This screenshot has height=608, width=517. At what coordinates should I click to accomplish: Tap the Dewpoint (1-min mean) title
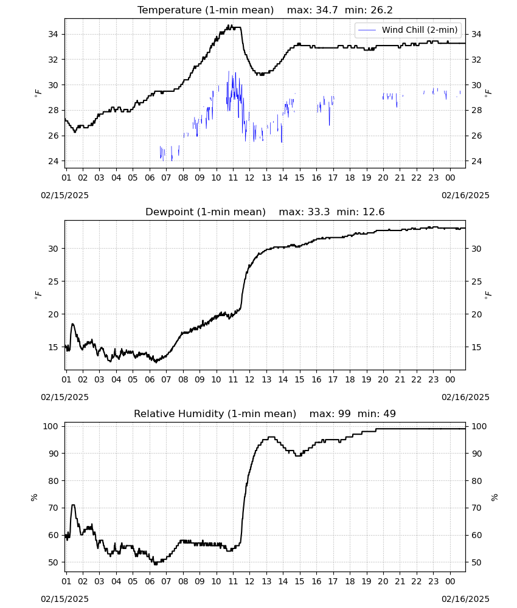point(206,212)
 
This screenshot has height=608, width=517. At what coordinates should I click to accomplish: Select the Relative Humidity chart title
point(215,413)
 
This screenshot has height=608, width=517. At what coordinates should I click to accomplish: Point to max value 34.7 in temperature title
point(327,10)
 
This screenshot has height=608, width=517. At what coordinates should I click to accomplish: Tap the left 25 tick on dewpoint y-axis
point(53,282)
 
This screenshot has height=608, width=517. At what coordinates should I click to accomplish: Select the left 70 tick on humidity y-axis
point(53,508)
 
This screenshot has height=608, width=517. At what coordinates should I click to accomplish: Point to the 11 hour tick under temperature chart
point(233,178)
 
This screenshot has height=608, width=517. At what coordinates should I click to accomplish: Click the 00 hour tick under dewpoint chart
point(450,379)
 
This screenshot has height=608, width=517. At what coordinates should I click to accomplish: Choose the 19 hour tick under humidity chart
point(366,581)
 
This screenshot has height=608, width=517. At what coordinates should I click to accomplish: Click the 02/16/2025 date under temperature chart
point(465,195)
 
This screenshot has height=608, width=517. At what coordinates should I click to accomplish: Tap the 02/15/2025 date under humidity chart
point(64,599)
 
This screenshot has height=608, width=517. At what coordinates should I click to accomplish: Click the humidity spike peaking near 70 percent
point(74,505)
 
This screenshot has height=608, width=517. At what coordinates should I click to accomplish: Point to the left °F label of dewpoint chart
point(38,295)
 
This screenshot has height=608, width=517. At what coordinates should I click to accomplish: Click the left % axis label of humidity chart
point(34,497)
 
